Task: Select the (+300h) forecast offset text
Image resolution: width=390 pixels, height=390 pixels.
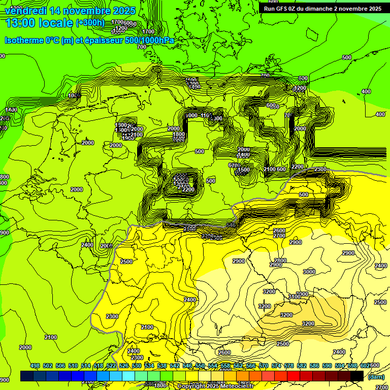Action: tap(90, 23)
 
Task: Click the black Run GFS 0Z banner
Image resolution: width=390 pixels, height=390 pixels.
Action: tap(322, 9)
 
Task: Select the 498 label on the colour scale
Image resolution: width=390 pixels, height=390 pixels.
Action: tap(35, 366)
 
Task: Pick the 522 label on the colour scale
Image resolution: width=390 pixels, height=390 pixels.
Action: tap(111, 366)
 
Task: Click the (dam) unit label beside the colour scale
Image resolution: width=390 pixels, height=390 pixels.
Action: tap(376, 376)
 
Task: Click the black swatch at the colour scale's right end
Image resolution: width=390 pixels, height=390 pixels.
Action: tap(357, 376)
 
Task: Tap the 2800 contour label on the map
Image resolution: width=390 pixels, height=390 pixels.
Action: tap(280, 261)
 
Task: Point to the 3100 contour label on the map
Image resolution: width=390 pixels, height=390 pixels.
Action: tap(295, 297)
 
